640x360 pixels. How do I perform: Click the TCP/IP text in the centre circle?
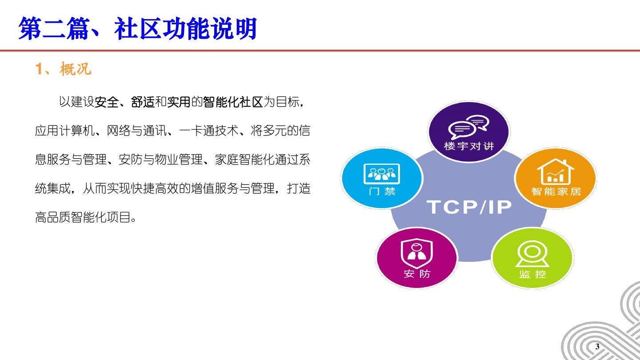pyautogui.click(x=469, y=207)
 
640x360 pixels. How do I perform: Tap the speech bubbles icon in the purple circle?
pyautogui.click(x=468, y=127)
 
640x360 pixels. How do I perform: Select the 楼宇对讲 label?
pyautogui.click(x=469, y=146)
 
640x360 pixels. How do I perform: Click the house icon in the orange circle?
pyautogui.click(x=556, y=172)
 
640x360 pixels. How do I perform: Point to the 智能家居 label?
pyautogui.click(x=556, y=191)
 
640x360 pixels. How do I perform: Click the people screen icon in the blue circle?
pyautogui.click(x=382, y=174)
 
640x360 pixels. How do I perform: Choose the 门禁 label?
pyautogui.click(x=382, y=191)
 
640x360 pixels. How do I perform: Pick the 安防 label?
pyautogui.click(x=417, y=274)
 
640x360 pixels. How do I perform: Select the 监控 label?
pyautogui.click(x=532, y=274)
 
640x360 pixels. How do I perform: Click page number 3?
pyautogui.click(x=597, y=347)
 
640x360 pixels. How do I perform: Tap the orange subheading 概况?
pyautogui.click(x=76, y=69)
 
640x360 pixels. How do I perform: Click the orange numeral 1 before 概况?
pyautogui.click(x=39, y=69)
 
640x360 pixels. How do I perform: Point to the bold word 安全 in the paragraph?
pyautogui.click(x=106, y=102)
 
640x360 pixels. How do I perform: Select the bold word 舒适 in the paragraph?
pyautogui.click(x=143, y=102)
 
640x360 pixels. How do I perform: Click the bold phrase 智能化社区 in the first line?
pyautogui.click(x=233, y=102)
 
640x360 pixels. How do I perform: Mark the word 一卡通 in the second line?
pyautogui.click(x=196, y=131)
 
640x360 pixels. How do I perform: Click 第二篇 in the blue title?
pyautogui.click(x=54, y=28)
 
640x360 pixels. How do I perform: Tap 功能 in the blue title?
pyautogui.click(x=187, y=28)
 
